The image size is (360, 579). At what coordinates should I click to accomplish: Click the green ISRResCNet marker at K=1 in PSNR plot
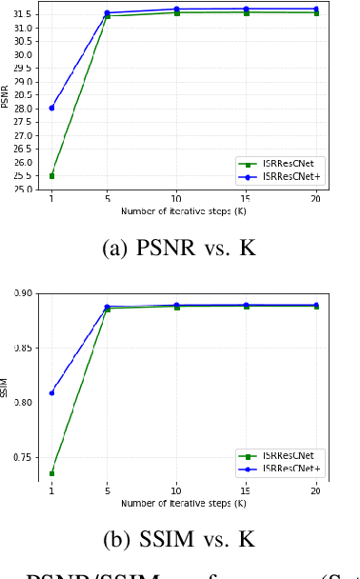51,176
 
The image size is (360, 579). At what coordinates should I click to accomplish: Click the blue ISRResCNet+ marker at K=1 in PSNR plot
51,108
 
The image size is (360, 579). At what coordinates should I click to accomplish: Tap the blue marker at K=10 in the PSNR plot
177,9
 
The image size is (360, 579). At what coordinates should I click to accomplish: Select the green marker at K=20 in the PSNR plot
316,12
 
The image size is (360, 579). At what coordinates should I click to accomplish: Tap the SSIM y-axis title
6,387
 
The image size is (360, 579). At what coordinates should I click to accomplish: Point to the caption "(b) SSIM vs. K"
178,539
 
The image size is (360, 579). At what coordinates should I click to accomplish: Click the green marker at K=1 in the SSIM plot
51,473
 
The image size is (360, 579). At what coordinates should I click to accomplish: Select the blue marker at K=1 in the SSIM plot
51,392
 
